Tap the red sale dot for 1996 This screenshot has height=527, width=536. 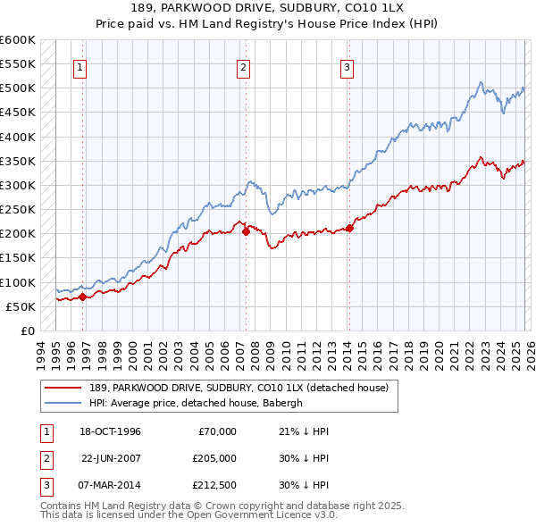tap(82, 297)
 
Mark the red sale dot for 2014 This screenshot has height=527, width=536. tap(349, 228)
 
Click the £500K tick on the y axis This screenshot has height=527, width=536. tap(18, 88)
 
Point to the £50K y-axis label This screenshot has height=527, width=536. tap(21, 306)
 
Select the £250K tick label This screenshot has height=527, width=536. tap(18, 210)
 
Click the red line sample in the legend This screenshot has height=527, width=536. tap(64, 389)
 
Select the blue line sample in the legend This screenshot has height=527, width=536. tap(64, 403)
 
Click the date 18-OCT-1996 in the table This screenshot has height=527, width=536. tap(110, 431)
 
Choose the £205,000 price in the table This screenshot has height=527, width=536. tap(214, 458)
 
